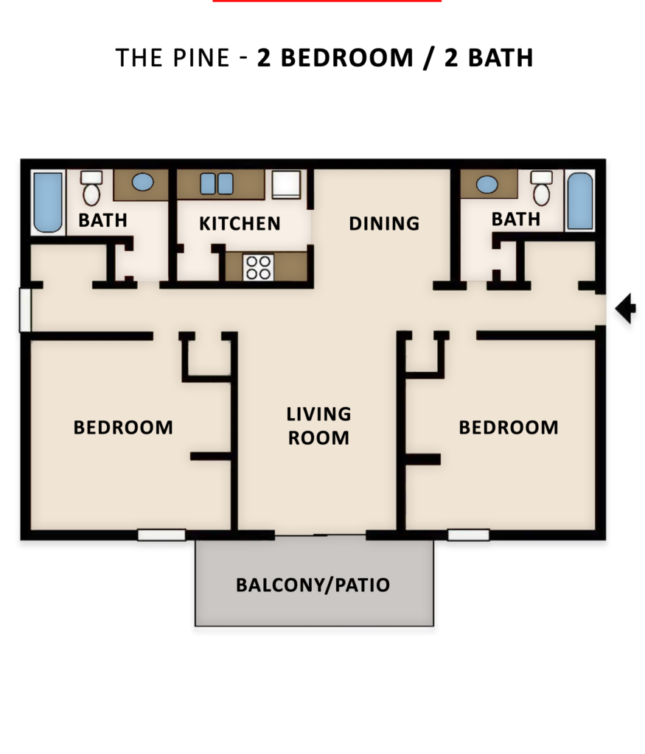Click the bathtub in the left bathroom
[x=48, y=202]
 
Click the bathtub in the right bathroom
[x=580, y=201]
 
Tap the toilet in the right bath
[x=541, y=189]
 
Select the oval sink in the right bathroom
[x=487, y=184]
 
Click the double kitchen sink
[x=217, y=183]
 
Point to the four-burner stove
[x=258, y=267]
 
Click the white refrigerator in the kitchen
[x=286, y=185]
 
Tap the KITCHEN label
[x=240, y=224]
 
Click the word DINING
[x=384, y=223]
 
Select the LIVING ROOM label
[x=318, y=426]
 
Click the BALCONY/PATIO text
[x=313, y=585]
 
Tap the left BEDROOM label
[x=123, y=427]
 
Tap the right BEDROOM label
[x=509, y=427]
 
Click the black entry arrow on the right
[x=626, y=308]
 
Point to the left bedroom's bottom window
[x=161, y=535]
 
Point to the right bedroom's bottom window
[x=469, y=535]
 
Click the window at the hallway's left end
[x=24, y=310]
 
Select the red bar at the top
[x=327, y=1]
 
